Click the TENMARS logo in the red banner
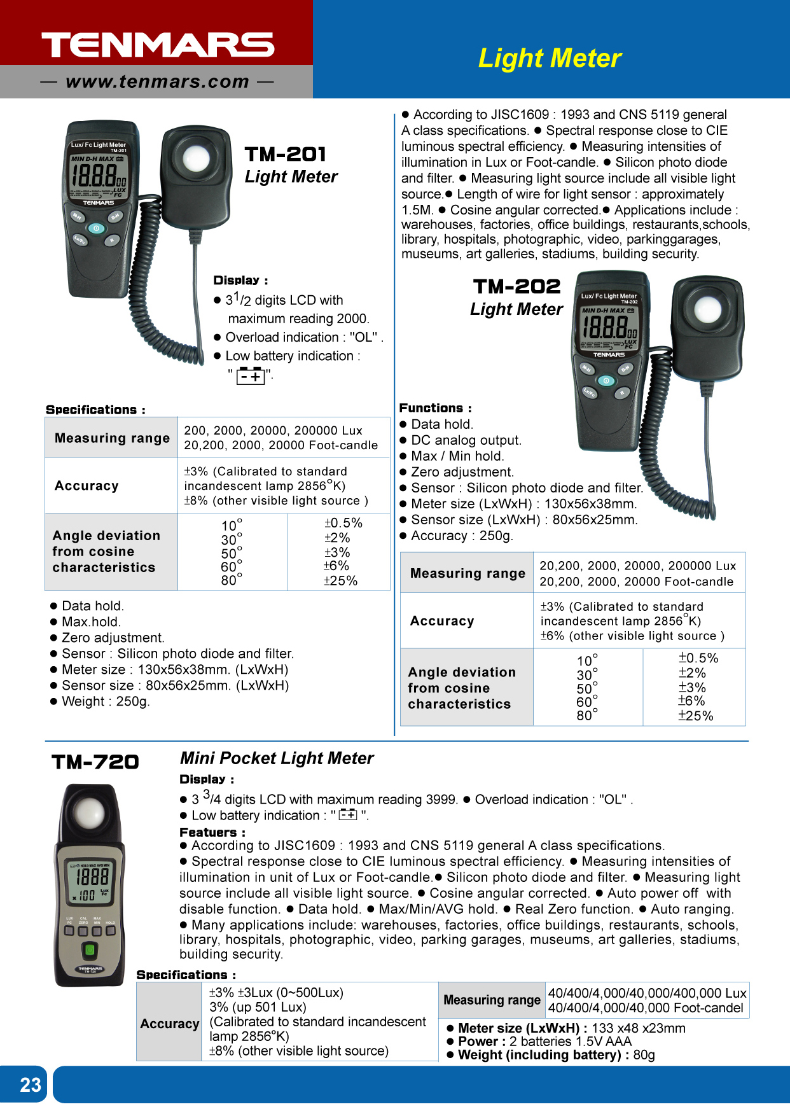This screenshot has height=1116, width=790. coord(158,45)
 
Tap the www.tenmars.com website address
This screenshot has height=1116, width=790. coord(157,82)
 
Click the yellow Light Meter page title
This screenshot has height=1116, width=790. coord(550,59)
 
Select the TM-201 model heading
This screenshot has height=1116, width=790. coord(286,154)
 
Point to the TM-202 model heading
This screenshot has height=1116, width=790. coord(516,287)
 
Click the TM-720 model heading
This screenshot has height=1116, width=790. coord(95,762)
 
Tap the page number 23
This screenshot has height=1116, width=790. coord(30,1085)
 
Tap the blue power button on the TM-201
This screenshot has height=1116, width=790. coord(96,228)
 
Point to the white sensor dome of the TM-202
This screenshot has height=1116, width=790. coord(707,310)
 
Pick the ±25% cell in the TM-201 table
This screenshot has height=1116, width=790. coord(340,581)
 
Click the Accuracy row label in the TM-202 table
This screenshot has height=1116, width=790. coord(442,621)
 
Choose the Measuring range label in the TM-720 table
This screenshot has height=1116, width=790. coord(492,1000)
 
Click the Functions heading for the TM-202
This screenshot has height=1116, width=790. coord(435,408)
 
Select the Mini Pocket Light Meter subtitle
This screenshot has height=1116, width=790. coord(277,758)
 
